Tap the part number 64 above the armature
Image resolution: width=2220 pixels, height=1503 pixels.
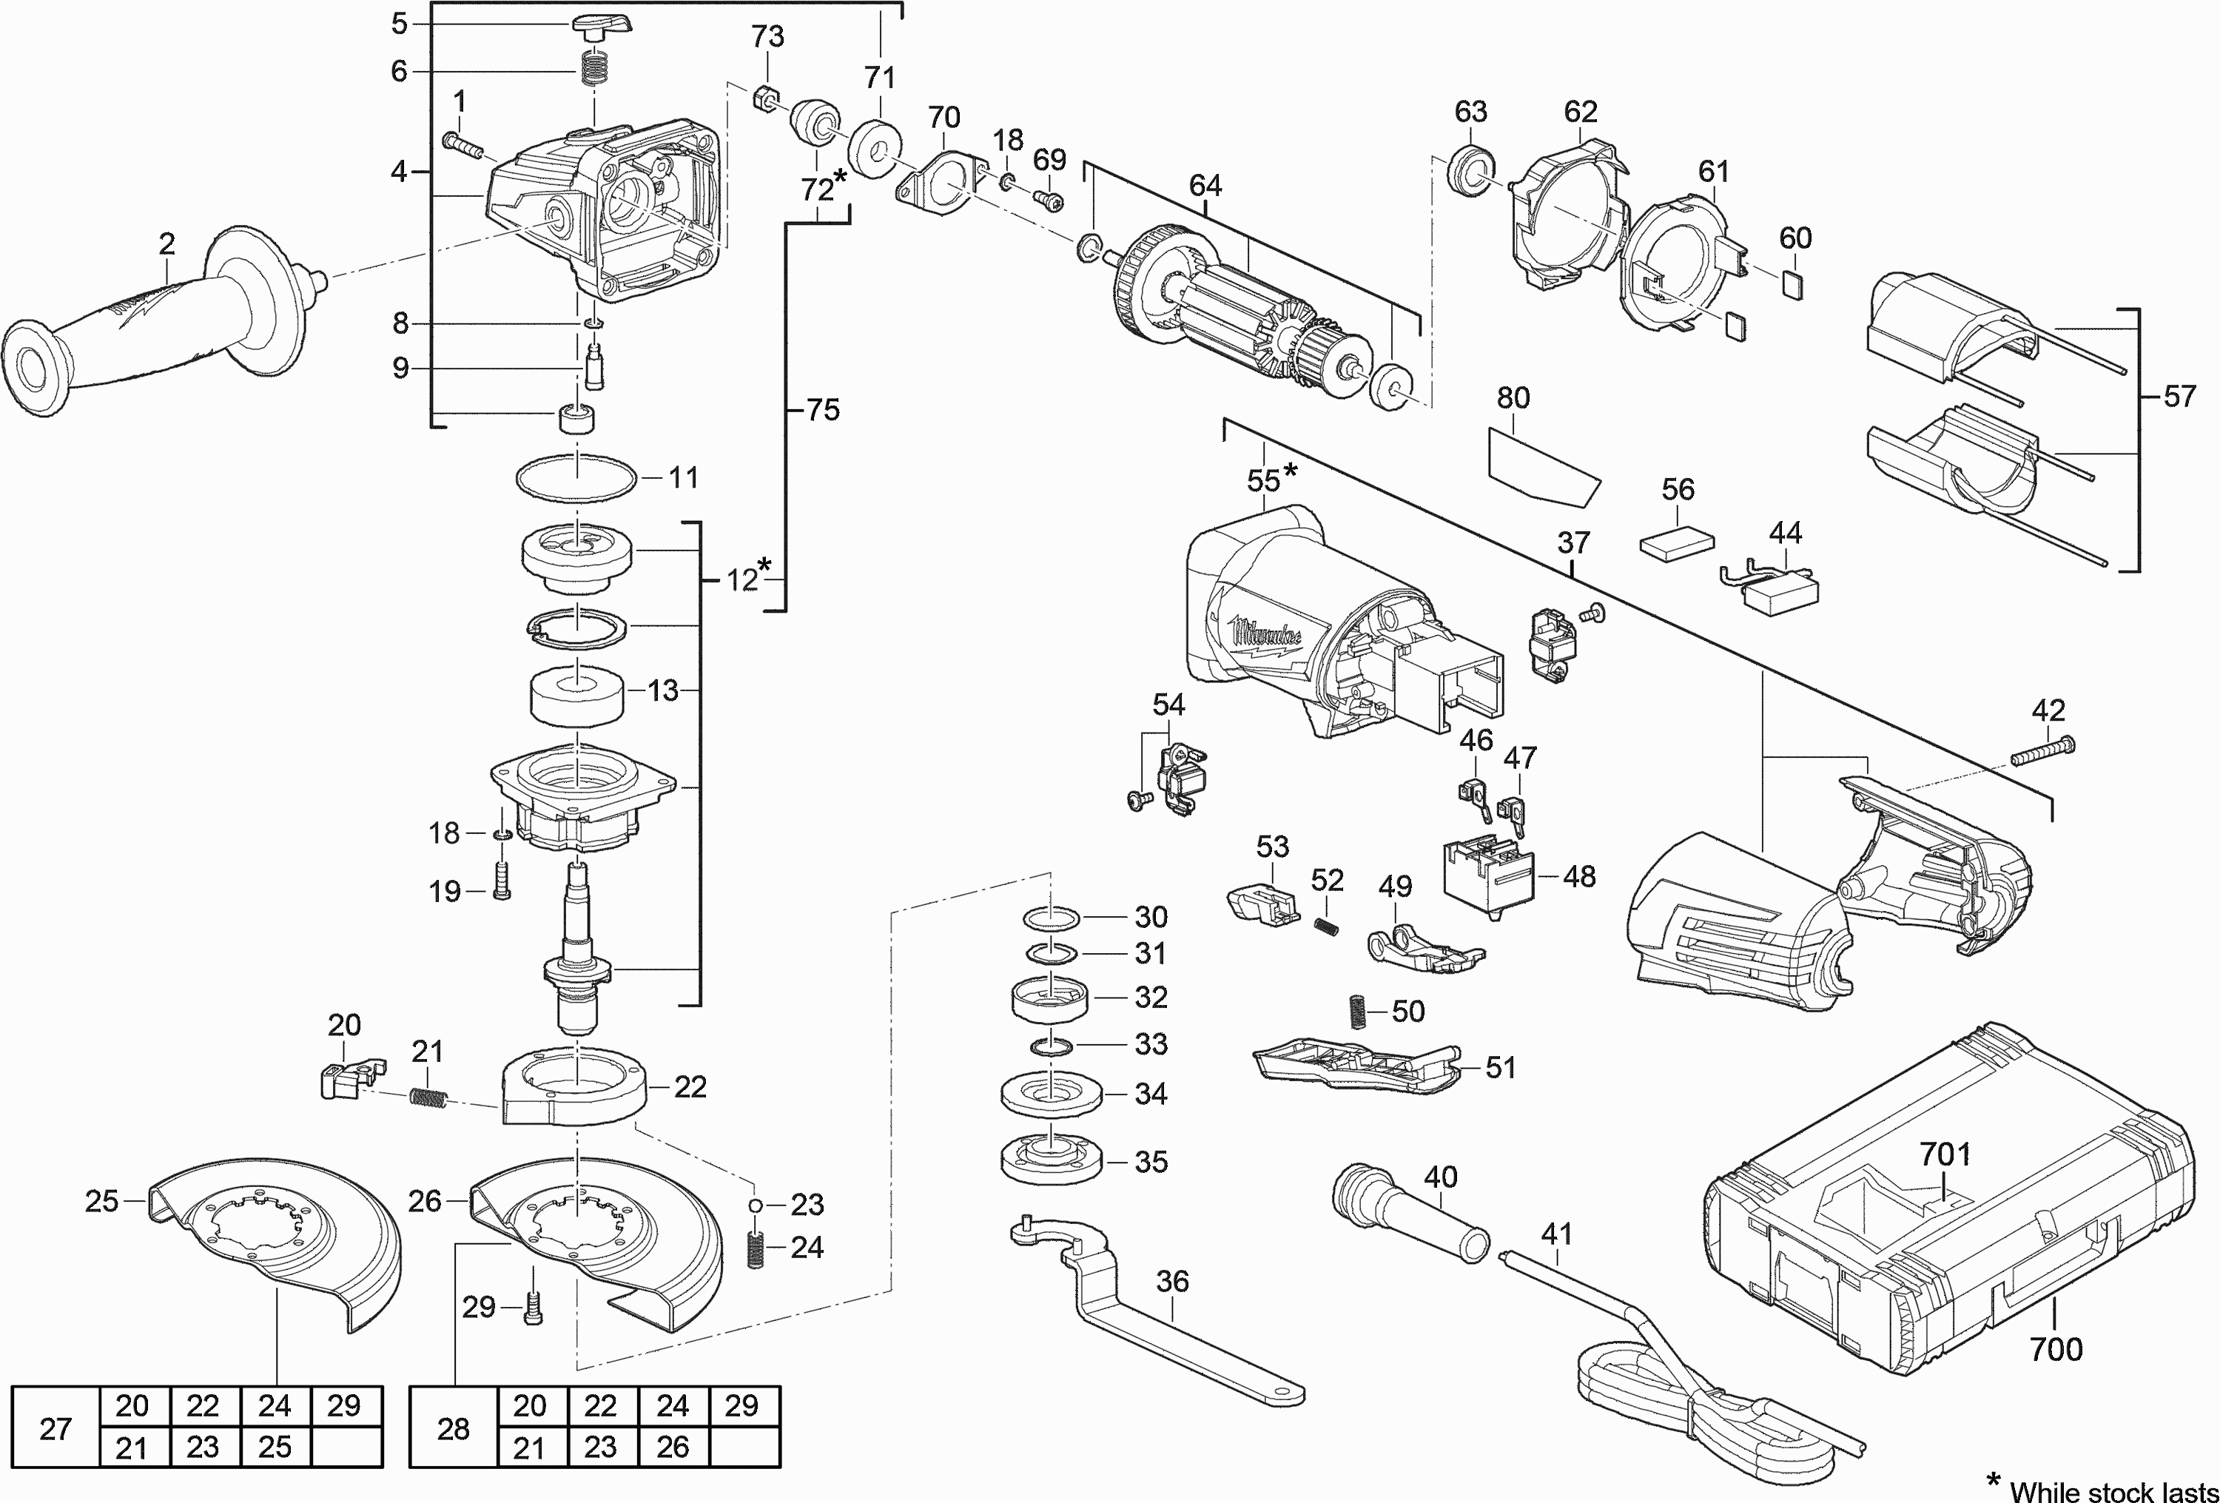1205,184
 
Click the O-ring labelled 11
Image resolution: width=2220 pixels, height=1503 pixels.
576,477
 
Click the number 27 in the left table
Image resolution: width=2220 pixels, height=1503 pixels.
55,1428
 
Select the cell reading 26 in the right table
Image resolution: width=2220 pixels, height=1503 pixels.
673,1447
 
